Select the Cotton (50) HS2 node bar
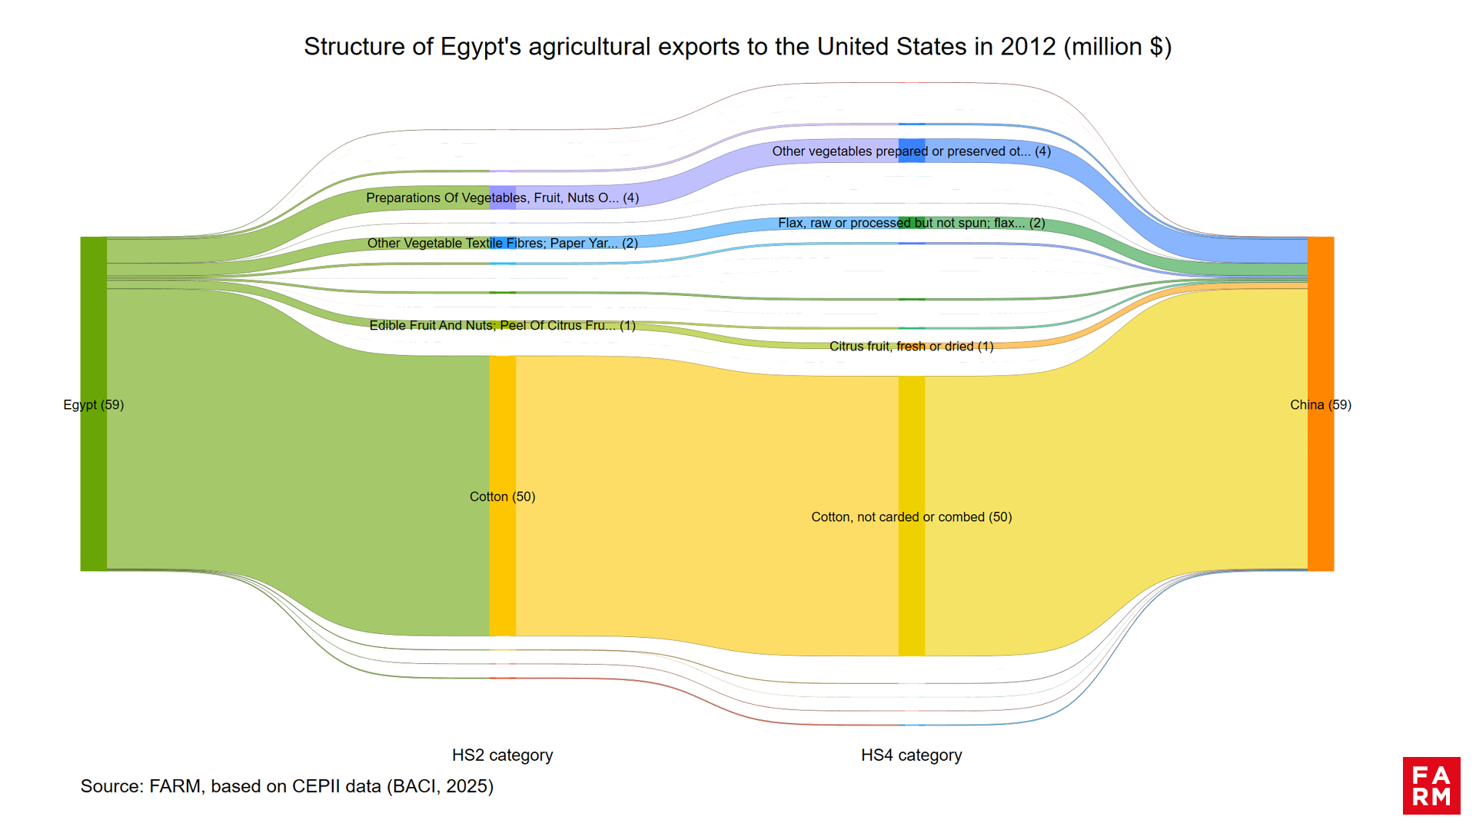[x=503, y=553]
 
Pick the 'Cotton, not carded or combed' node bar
[x=912, y=584]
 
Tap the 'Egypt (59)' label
[x=93, y=405]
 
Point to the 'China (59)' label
[x=1320, y=405]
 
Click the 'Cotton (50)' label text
[x=502, y=497]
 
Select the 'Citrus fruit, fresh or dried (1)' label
[x=911, y=347]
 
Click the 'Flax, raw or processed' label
[x=911, y=223]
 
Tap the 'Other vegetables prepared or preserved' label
[x=911, y=151]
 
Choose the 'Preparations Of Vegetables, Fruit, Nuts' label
[x=502, y=198]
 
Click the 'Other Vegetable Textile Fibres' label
[x=502, y=243]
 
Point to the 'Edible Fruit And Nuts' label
[x=502, y=326]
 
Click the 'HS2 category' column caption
[x=502, y=755]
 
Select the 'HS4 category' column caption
[x=911, y=755]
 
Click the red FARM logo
[x=1431, y=785]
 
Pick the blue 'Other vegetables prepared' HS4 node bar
[x=912, y=151]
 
